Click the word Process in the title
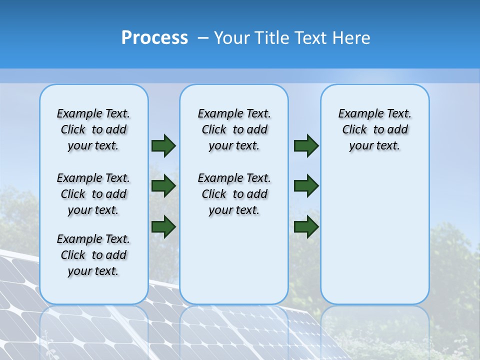point(154,38)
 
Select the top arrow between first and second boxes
point(163,146)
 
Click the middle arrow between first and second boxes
point(163,186)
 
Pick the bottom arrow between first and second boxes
point(163,226)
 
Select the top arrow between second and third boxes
point(306,146)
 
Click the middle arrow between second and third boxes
point(306,186)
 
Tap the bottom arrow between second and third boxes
point(306,226)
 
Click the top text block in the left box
point(93,129)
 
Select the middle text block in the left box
point(93,194)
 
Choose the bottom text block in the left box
point(93,255)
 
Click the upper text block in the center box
point(234,129)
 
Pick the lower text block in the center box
point(234,194)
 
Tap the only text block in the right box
point(375,129)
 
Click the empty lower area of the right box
point(375,235)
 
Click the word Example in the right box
point(357,114)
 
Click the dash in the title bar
point(202,38)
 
